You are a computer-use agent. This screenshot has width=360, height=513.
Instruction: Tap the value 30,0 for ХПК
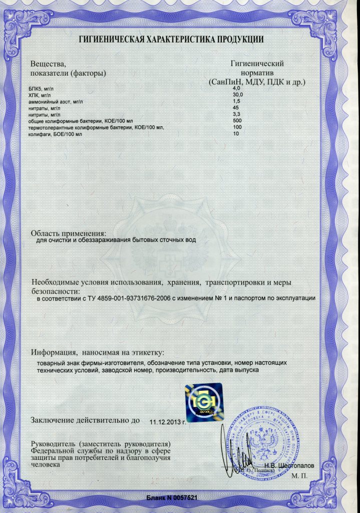tap(238, 95)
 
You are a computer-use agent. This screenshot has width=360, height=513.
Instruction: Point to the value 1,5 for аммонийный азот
tap(237, 102)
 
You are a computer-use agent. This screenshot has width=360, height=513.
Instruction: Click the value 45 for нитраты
tap(236, 108)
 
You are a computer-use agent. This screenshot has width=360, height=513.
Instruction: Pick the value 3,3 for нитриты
tap(237, 115)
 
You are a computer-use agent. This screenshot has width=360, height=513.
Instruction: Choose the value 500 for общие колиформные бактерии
tap(238, 121)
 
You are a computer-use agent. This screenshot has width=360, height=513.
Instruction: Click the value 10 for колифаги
tap(236, 134)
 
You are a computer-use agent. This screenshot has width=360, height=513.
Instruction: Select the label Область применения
tap(69, 233)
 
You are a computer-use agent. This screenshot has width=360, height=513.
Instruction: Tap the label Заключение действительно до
tap(86, 420)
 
